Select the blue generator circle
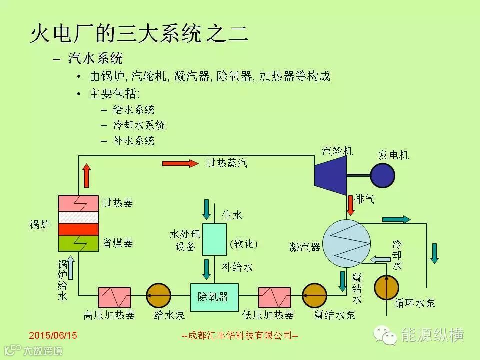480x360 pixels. click(x=383, y=175)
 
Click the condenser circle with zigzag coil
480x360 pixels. click(x=346, y=244)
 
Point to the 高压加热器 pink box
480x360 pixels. click(x=114, y=297)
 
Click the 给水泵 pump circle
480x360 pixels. click(x=158, y=297)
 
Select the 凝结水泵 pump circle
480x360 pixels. click(x=315, y=297)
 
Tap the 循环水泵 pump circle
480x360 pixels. click(x=387, y=287)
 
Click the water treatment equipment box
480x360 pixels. click(x=214, y=240)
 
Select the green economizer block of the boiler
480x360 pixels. click(x=79, y=243)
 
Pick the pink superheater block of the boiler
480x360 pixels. click(x=79, y=203)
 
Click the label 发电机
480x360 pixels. click(x=393, y=155)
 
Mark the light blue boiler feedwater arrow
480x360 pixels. click(x=71, y=267)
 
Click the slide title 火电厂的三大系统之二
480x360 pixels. click(x=138, y=35)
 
